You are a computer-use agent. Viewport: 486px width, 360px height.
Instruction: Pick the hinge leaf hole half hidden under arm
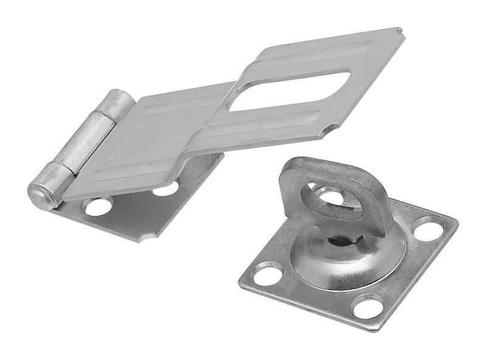tap(166, 189)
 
